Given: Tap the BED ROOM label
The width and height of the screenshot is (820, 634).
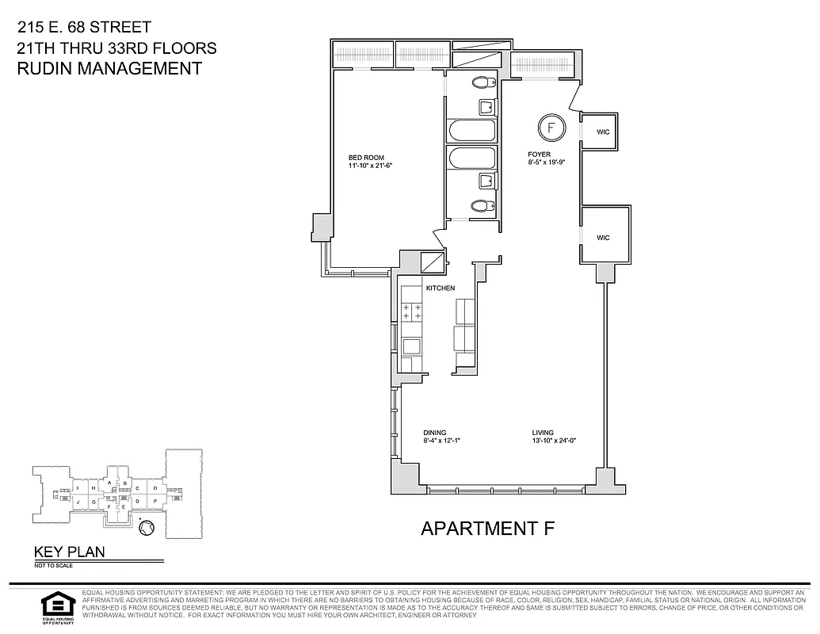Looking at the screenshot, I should pos(366,158).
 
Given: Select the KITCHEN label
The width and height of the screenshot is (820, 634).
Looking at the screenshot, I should pos(441,288).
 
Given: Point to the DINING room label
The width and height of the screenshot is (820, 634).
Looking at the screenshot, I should pos(435,433).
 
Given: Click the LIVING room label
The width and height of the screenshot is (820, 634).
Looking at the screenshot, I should pos(543,433).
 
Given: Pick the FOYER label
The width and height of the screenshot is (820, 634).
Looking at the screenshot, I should pos(540,155).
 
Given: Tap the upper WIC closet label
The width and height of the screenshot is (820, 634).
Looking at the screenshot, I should pos(603,132).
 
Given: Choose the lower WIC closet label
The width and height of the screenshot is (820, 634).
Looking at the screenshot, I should pos(603,238).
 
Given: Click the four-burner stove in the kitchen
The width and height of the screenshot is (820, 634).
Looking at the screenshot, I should pos(411,311).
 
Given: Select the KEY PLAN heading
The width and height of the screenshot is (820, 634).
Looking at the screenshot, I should pos(69,552).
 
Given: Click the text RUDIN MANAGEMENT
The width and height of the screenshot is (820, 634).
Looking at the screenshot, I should pos(109,68).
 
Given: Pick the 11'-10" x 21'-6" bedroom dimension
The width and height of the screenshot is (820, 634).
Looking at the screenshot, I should pos(371,166).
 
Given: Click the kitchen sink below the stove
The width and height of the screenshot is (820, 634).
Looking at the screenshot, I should pos(411,346).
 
